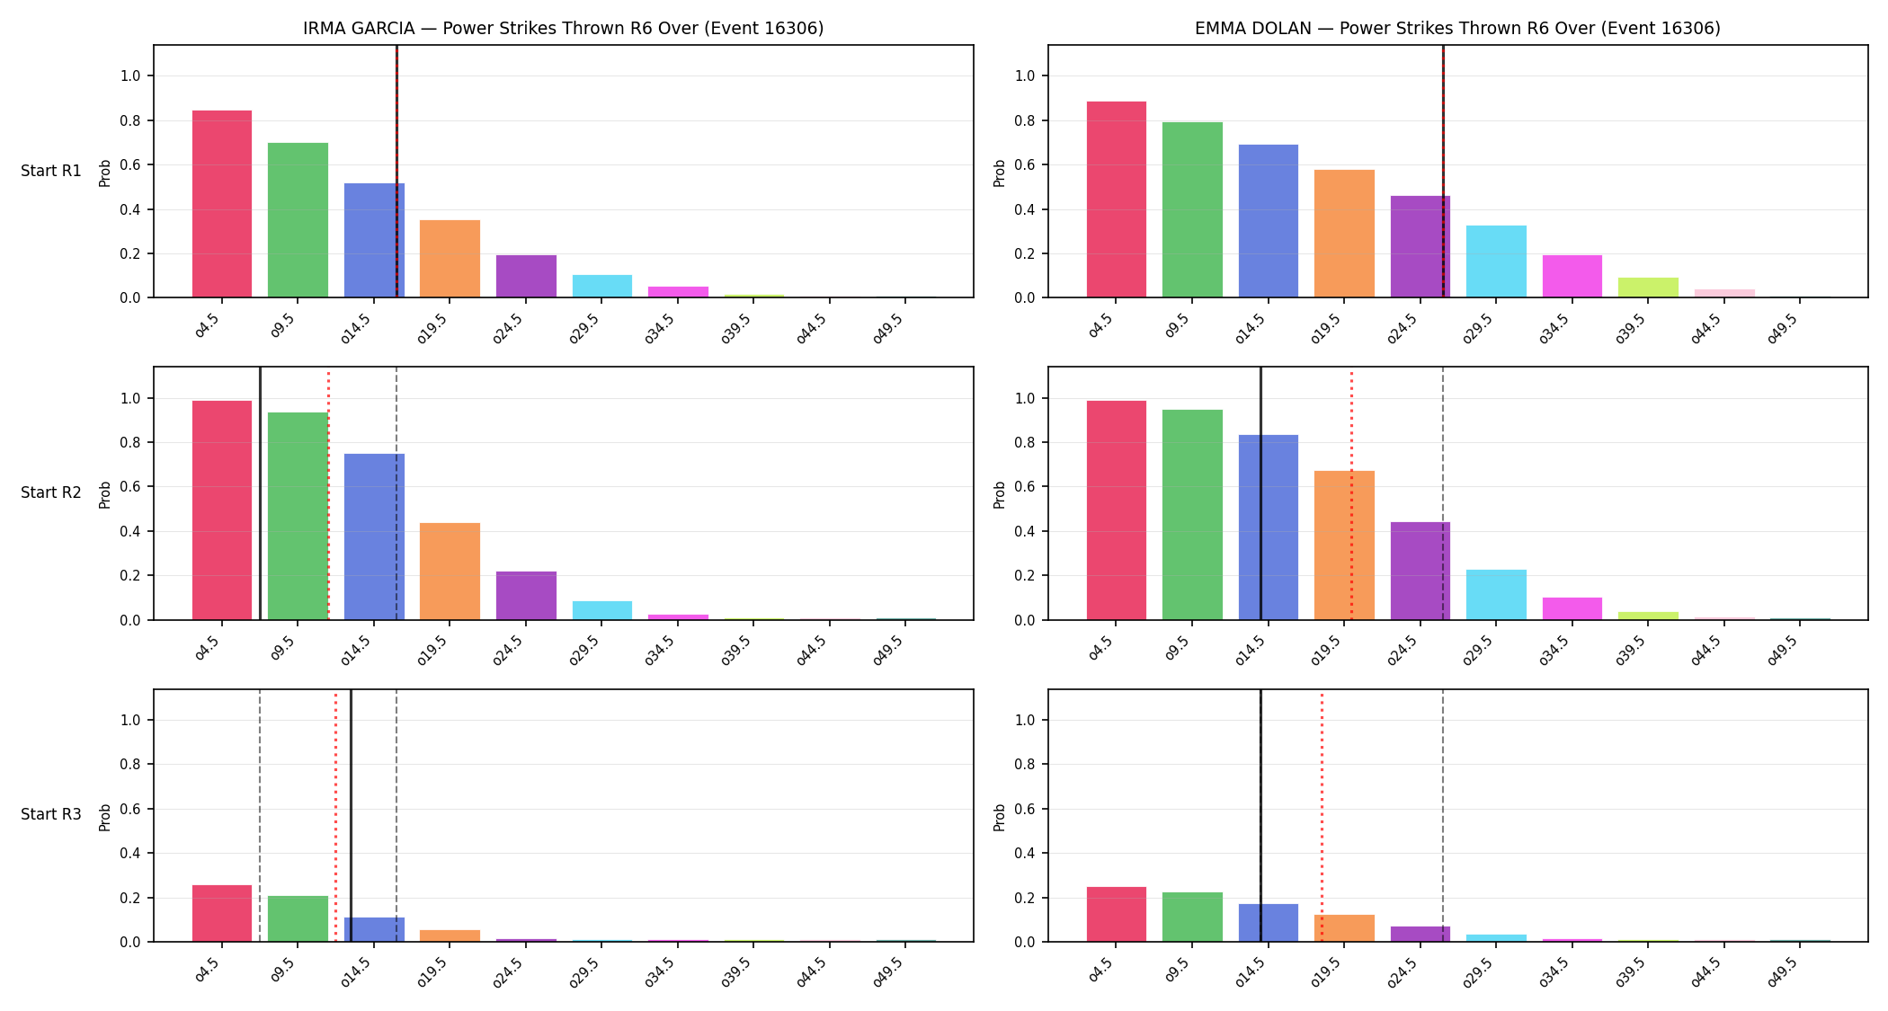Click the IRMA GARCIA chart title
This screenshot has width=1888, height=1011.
[563, 28]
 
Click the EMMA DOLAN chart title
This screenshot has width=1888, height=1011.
[1457, 28]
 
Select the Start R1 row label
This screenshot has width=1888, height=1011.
[51, 171]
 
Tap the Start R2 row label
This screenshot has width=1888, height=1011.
[51, 492]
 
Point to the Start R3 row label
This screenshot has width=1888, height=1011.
[51, 814]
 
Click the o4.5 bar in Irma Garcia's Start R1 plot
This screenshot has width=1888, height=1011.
[222, 204]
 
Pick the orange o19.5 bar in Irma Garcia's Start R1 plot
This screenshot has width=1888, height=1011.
[450, 259]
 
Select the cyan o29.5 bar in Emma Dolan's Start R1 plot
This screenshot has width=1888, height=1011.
[1496, 262]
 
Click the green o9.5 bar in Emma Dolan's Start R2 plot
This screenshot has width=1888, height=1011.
[1192, 515]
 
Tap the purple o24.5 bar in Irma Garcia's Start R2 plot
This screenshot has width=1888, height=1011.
[526, 596]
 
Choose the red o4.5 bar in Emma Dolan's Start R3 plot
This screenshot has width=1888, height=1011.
[1117, 914]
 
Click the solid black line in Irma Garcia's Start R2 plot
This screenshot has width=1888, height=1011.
[260, 493]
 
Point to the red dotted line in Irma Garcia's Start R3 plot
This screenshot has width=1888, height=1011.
[335, 816]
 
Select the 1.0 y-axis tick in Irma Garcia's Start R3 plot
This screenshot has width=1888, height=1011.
[130, 720]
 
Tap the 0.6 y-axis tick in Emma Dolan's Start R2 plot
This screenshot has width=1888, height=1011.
[1025, 487]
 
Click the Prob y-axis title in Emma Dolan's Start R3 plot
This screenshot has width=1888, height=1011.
[1000, 817]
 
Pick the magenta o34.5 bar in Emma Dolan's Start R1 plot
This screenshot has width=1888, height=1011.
[1572, 277]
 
